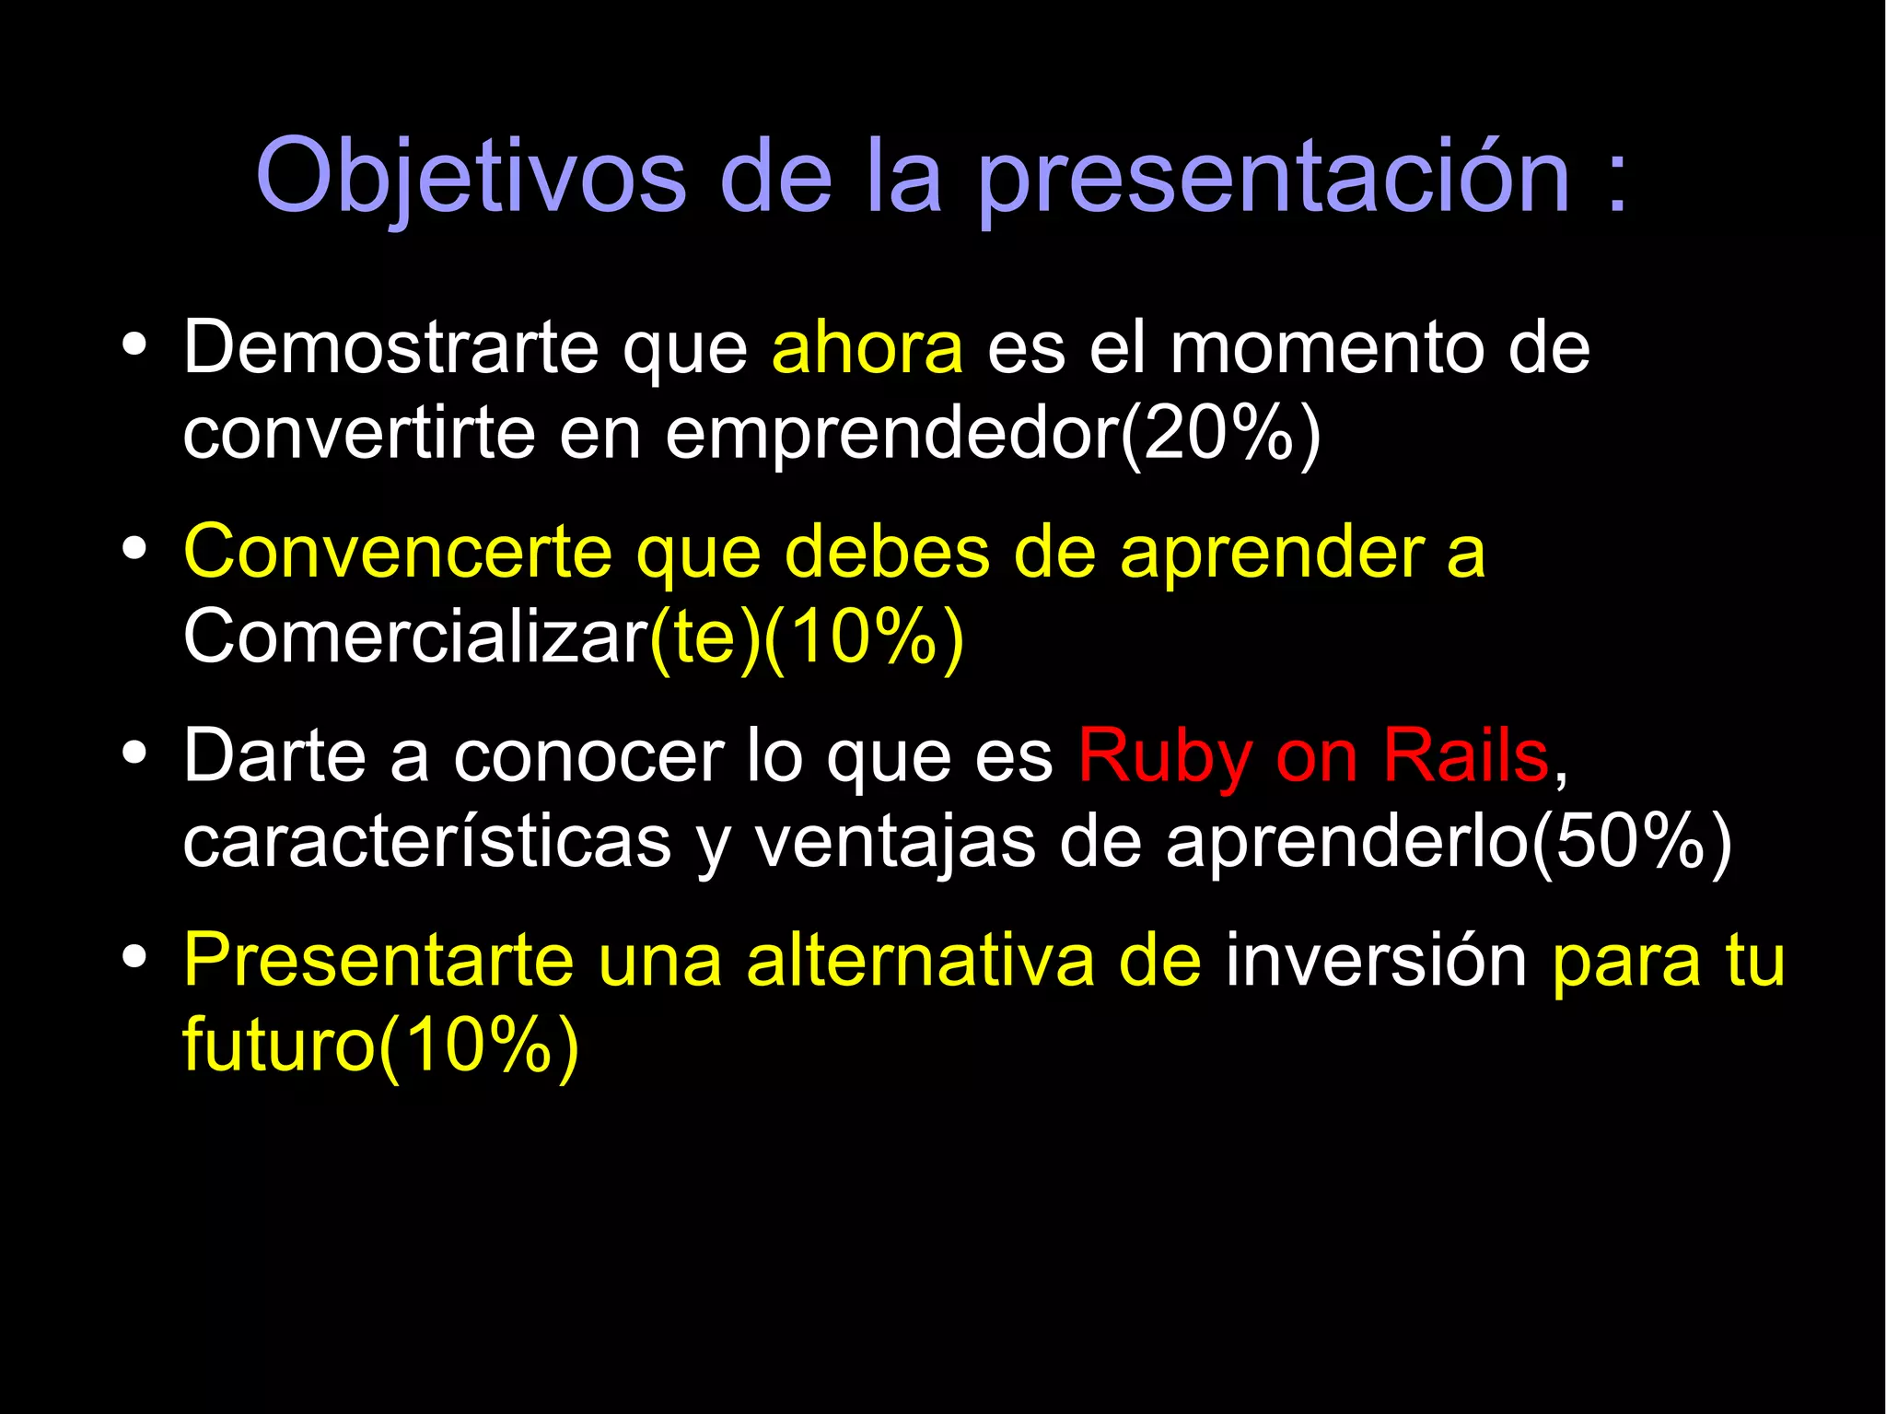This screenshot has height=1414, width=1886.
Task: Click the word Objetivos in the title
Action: [x=471, y=175]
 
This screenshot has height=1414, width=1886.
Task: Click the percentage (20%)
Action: [x=1221, y=434]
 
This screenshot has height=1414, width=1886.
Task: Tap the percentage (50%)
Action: [x=1631, y=842]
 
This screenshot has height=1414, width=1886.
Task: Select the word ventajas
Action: [x=895, y=842]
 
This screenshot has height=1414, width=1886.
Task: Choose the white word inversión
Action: [x=1376, y=961]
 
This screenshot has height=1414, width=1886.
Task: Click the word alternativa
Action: [x=921, y=961]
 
